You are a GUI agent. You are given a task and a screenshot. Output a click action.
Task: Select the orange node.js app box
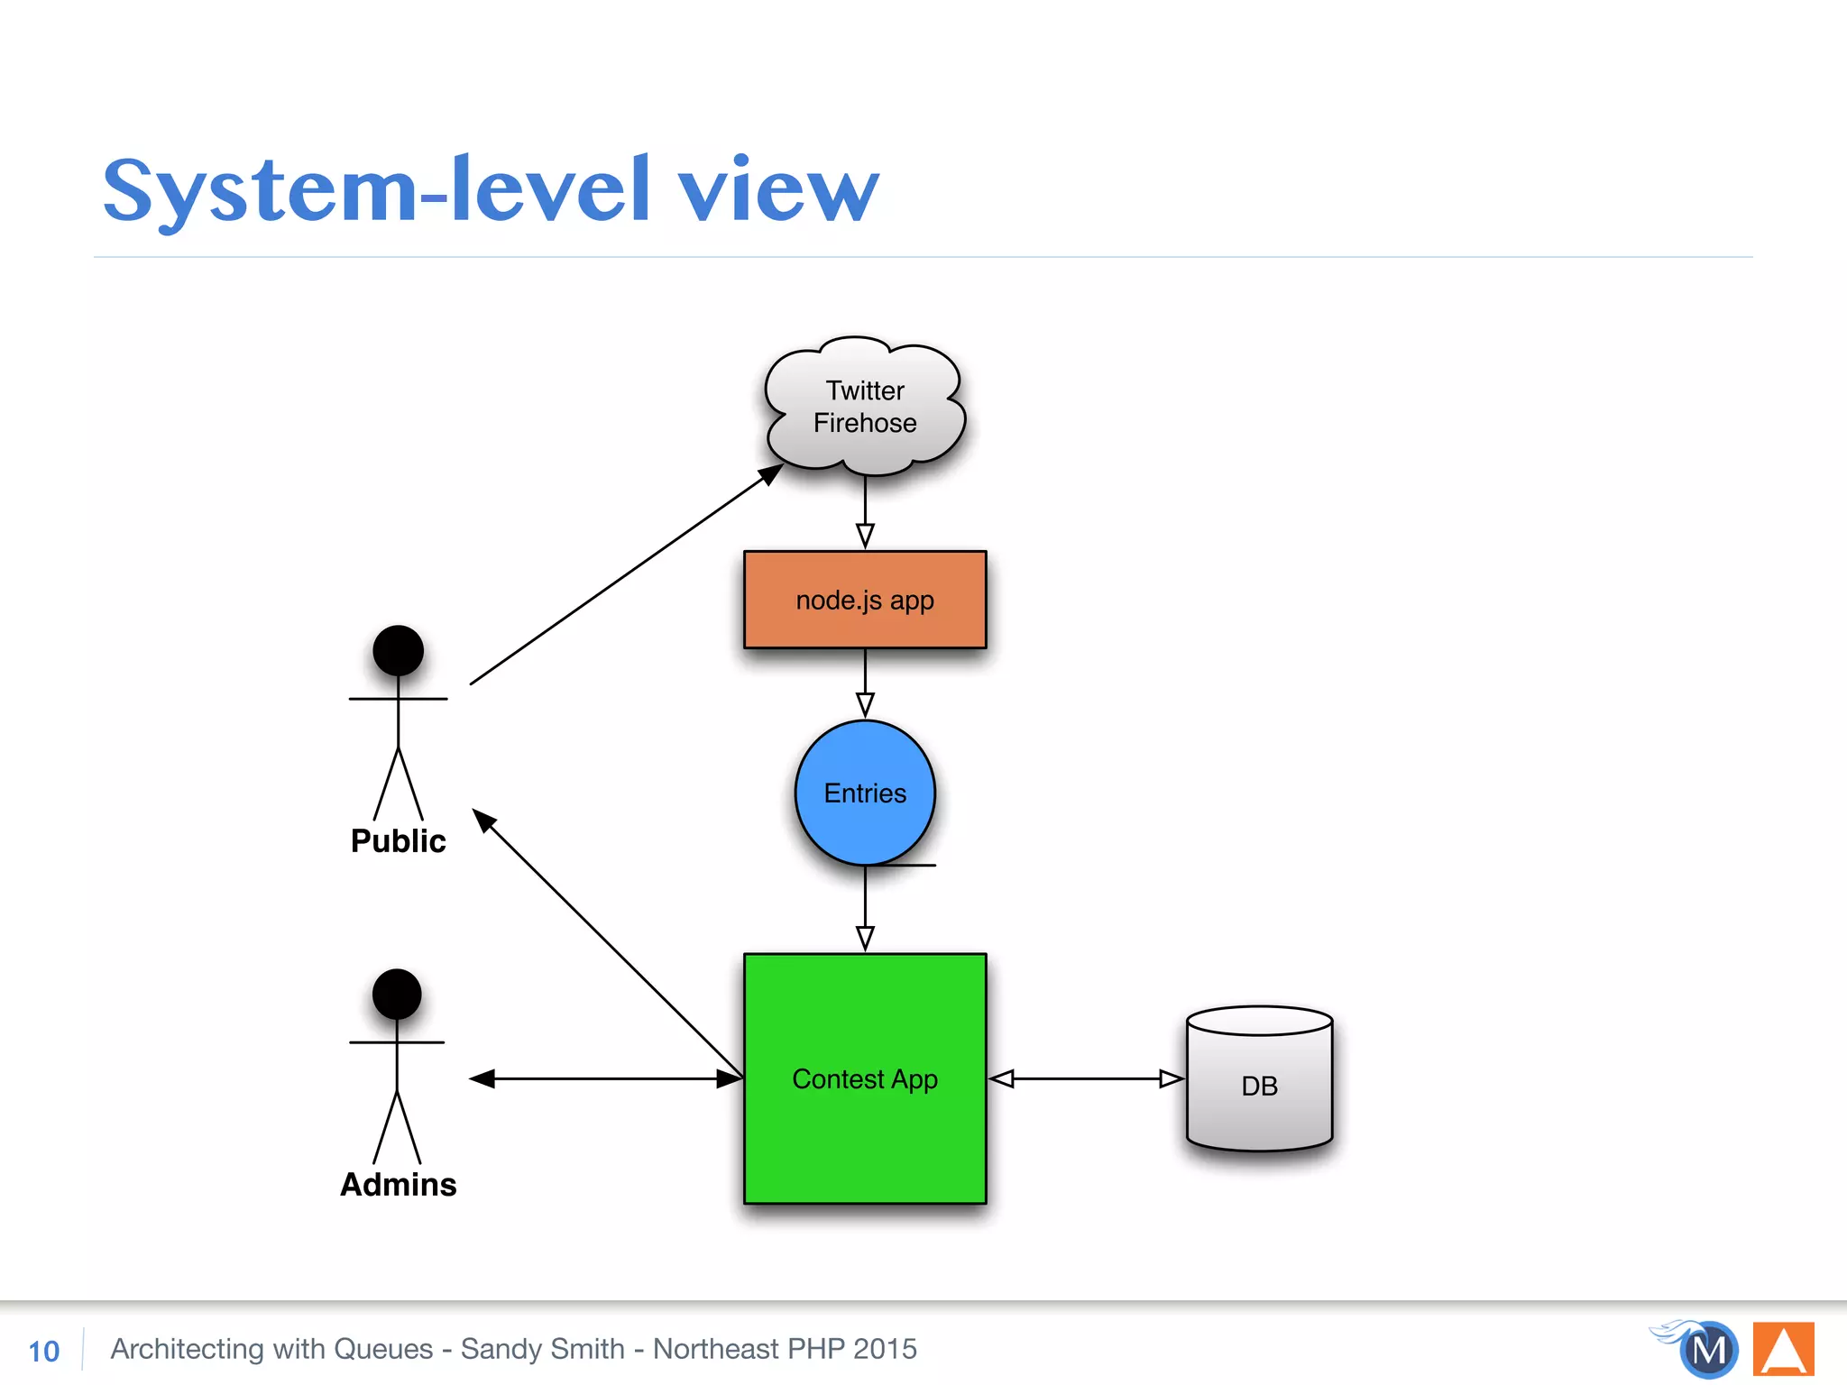click(x=864, y=600)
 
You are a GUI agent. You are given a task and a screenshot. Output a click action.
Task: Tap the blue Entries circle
click(x=864, y=793)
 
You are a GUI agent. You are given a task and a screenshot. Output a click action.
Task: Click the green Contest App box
click(x=864, y=1078)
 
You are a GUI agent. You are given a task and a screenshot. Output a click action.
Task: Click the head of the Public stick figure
click(x=398, y=650)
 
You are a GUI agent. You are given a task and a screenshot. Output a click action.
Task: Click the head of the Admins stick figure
click(x=397, y=994)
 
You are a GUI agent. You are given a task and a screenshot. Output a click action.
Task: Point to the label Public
click(x=398, y=840)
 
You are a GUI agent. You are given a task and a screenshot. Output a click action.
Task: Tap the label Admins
click(x=398, y=1184)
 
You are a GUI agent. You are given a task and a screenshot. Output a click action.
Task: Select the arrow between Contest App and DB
click(x=1086, y=1078)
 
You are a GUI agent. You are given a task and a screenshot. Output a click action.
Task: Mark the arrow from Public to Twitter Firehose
click(x=622, y=578)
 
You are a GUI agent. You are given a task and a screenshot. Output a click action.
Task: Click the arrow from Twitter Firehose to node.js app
click(x=865, y=510)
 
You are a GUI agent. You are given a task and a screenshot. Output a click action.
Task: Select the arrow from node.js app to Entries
click(x=865, y=682)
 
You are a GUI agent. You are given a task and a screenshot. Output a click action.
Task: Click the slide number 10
click(x=43, y=1351)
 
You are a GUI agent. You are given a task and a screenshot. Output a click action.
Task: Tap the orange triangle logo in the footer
click(x=1783, y=1350)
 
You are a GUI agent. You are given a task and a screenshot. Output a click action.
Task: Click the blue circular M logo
click(x=1708, y=1351)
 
